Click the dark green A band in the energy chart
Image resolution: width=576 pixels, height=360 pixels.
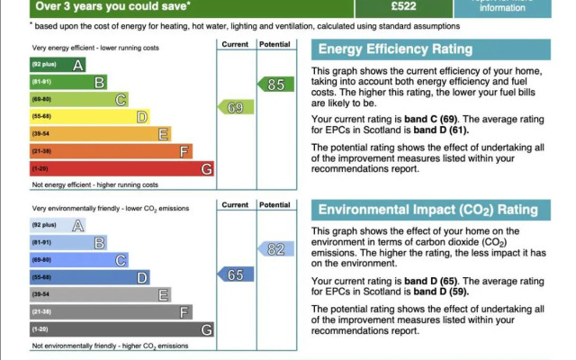point(58,65)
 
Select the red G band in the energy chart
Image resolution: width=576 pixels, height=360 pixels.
point(121,168)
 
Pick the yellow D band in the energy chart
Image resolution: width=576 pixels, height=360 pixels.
point(90,116)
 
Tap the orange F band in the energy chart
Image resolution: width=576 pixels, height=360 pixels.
point(111,151)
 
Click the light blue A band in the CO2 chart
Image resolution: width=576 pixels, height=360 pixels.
point(58,225)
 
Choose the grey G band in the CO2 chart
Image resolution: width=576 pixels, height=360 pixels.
point(121,329)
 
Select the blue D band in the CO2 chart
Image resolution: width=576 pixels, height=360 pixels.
point(90,277)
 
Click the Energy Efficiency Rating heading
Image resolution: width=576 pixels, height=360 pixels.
point(382,49)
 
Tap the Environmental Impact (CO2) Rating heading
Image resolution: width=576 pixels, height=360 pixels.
point(427,211)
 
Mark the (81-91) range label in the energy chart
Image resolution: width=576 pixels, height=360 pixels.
point(42,82)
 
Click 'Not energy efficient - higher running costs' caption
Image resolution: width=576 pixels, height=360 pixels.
point(94,184)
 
